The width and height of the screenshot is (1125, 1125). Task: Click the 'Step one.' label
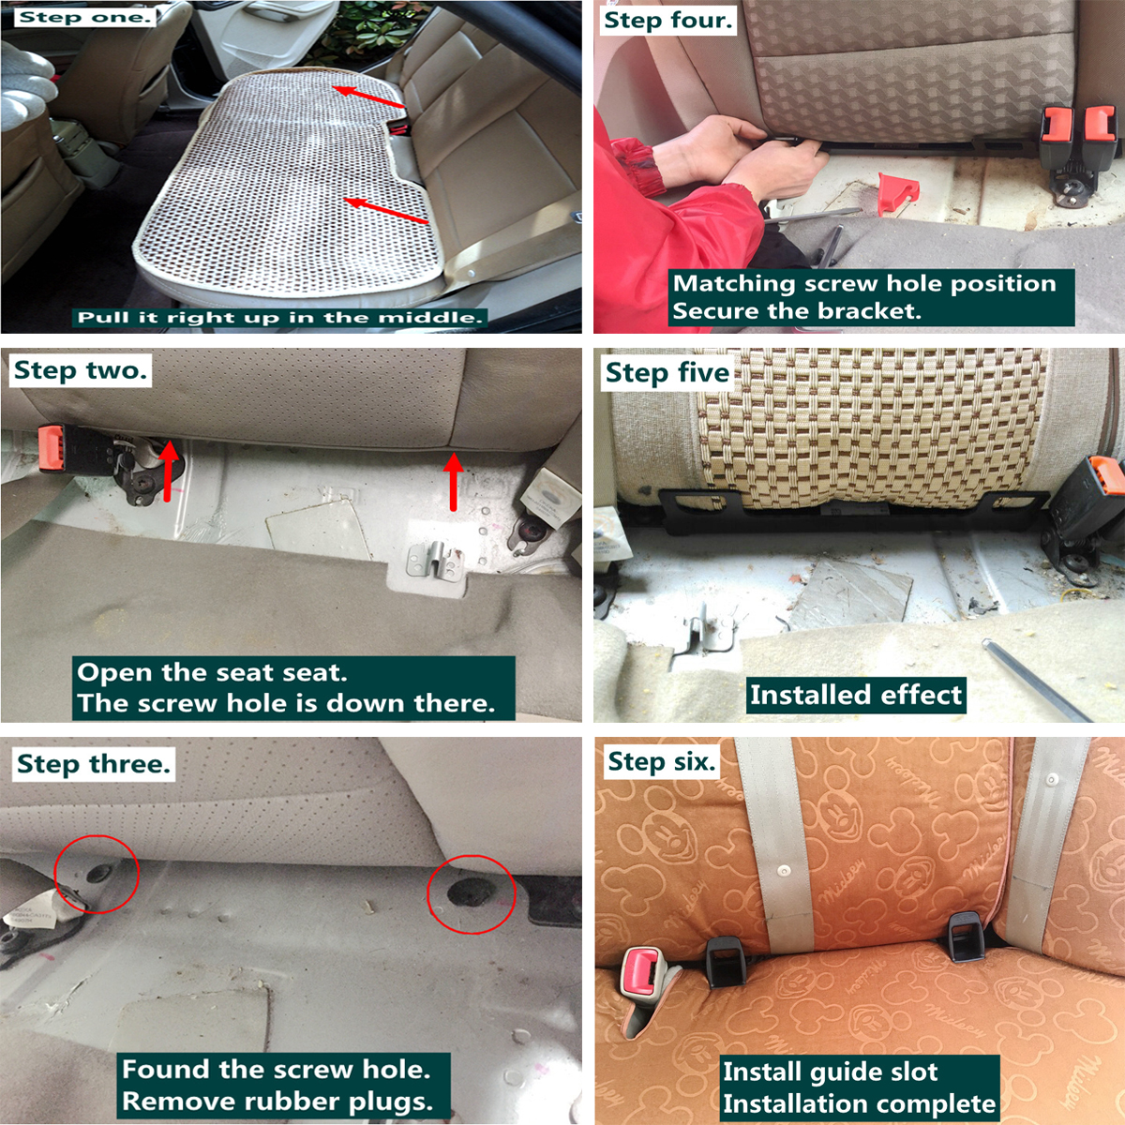(84, 18)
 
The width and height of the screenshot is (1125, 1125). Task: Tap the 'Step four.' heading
(667, 21)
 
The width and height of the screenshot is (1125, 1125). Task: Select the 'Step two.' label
(81, 370)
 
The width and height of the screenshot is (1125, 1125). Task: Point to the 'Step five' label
(667, 372)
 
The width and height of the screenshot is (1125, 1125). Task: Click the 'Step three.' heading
(94, 764)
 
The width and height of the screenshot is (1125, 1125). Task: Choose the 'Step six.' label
(662, 761)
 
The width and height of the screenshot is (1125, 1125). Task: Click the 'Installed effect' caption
(855, 695)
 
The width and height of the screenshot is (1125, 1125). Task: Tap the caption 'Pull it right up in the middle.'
(280, 318)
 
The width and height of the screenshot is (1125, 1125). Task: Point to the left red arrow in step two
(169, 471)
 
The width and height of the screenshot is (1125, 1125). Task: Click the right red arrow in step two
(454, 482)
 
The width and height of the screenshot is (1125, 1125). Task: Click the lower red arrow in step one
(386, 210)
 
